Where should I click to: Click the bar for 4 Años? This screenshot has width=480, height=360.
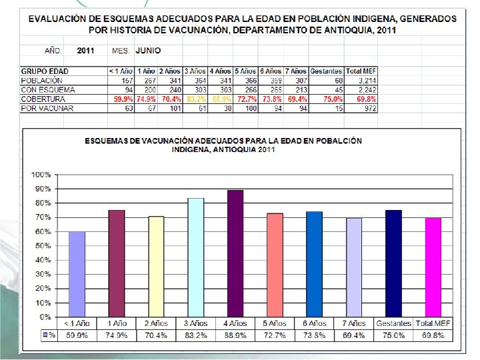click(x=235, y=253)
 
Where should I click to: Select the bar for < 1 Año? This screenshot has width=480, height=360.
click(x=77, y=274)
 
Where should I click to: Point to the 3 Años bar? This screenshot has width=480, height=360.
click(x=195, y=257)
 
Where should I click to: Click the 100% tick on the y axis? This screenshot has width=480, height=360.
click(x=41, y=175)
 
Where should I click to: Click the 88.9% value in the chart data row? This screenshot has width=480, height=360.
click(x=235, y=335)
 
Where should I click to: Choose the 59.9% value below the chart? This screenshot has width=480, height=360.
click(x=77, y=335)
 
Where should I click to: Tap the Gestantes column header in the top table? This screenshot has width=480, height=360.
click(x=327, y=71)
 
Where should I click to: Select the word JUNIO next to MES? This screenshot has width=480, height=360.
click(x=148, y=50)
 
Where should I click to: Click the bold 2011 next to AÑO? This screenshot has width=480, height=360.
click(x=86, y=50)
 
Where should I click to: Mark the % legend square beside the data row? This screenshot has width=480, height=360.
click(x=45, y=335)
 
